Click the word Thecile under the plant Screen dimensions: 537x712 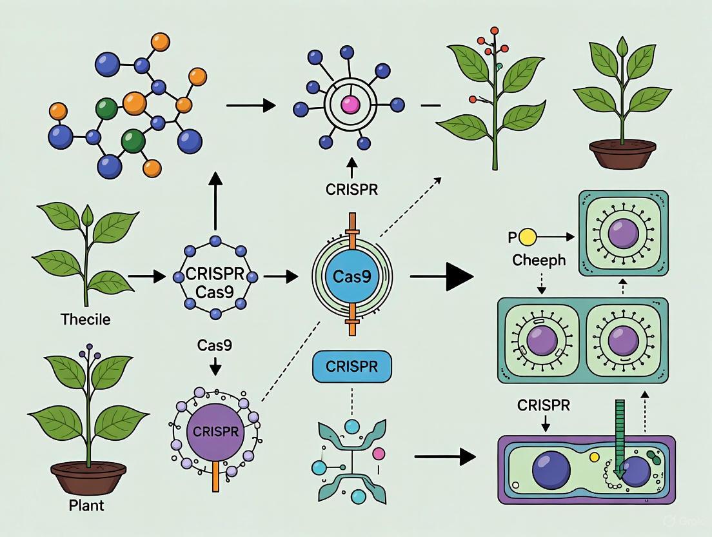coord(85,319)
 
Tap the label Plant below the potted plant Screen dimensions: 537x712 coord(86,505)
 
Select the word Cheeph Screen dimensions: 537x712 coord(539,261)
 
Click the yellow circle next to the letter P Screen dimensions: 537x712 coord(528,238)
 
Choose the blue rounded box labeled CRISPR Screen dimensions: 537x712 coord(351,367)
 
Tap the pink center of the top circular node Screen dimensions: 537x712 coord(351,104)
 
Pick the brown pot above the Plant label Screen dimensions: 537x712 coord(86,474)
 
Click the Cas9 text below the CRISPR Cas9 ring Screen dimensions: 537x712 coord(215,346)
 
